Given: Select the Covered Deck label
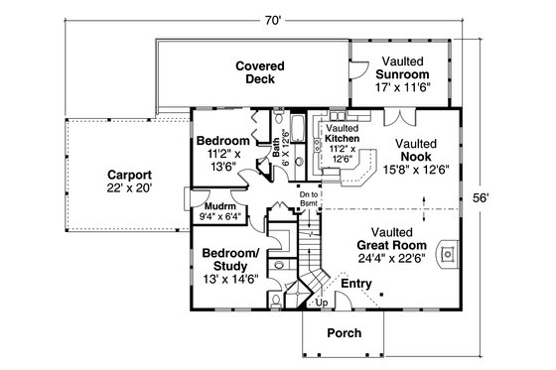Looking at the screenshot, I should click(260, 73).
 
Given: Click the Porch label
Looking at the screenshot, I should click(343, 333).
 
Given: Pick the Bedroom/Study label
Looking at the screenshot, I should click(230, 260).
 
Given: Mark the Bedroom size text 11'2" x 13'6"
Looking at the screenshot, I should click(221, 161).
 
